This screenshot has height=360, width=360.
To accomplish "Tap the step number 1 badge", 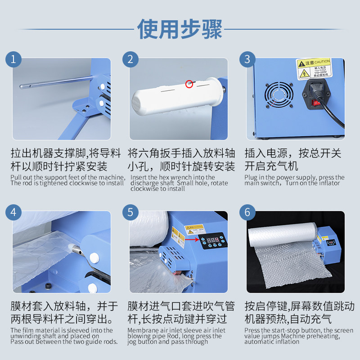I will pos(13,59).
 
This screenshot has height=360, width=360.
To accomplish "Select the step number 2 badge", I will pos(130,59).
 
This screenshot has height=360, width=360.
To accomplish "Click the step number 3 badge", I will pos(247,59).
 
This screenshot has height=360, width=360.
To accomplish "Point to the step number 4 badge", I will pos(13,212).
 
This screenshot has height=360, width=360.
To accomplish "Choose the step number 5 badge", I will pos(130,212).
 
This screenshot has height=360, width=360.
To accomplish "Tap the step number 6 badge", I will pos(247,212).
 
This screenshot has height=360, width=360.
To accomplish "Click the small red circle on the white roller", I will pos(189,84).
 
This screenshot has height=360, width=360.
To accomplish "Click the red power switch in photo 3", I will pos(316,103).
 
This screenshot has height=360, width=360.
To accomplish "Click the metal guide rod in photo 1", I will pos(54,83).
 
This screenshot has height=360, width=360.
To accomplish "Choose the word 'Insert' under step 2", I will pos(138,177).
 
